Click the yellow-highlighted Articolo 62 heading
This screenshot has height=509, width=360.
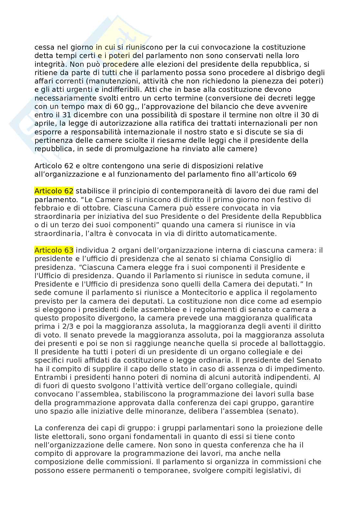pos(54,191)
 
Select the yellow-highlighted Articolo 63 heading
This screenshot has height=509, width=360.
pos(54,250)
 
